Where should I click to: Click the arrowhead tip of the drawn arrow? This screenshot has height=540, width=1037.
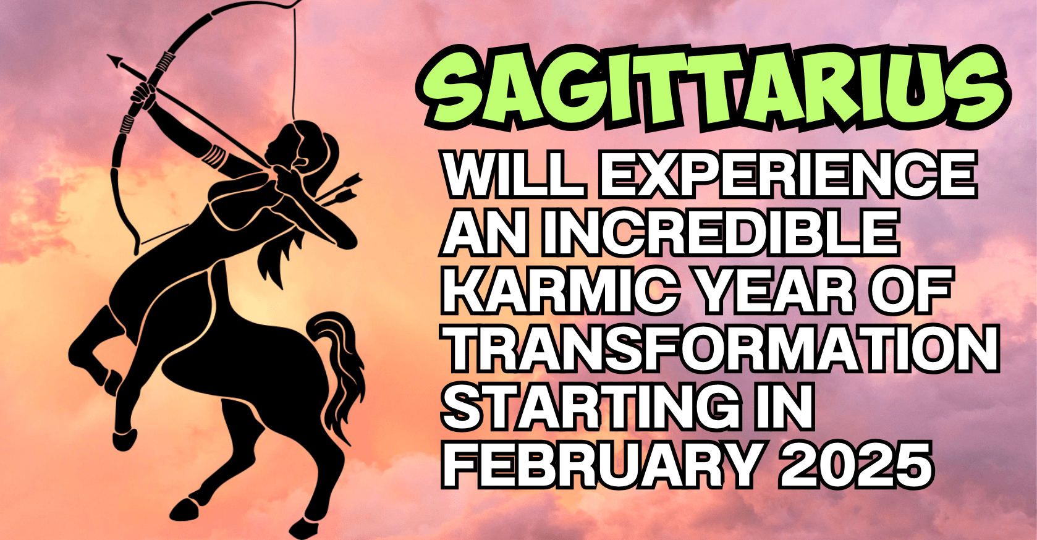(x=108, y=55)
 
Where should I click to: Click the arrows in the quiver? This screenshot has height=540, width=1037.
(x=338, y=190)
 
